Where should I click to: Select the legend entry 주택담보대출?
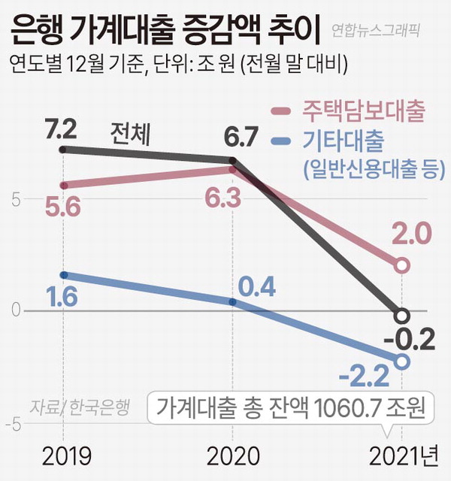pos(364,111)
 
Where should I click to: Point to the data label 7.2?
pos(62,129)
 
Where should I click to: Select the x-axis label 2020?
pos(232,456)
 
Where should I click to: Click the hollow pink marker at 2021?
pos(402,265)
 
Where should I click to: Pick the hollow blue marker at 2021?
pos(402,362)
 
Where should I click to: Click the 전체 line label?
pos(130,135)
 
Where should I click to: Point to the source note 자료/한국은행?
pos(80,407)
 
